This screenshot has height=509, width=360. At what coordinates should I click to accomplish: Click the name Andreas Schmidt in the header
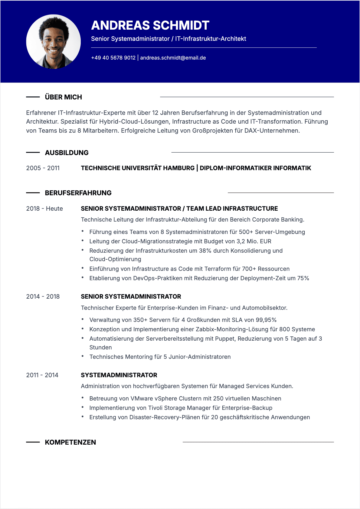150,25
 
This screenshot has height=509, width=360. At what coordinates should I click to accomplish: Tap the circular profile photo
54,42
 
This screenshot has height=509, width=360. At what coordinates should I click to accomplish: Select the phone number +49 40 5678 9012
113,58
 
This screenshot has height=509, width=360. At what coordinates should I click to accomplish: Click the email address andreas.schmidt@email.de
173,58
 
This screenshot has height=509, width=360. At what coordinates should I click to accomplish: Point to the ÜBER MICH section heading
63,97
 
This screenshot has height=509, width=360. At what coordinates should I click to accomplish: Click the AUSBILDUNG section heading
67,153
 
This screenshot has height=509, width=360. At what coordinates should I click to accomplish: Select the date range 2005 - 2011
43,168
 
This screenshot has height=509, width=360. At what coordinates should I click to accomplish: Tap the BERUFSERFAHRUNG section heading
78,193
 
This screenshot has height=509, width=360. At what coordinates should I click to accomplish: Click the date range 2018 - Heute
44,209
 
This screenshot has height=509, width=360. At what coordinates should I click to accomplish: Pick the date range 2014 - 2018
43,297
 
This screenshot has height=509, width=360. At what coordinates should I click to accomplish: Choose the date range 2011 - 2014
42,375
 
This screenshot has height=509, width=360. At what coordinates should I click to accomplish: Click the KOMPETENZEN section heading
70,442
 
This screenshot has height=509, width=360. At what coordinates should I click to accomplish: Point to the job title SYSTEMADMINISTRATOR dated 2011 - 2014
119,375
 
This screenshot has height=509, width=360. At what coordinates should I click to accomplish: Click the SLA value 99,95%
266,320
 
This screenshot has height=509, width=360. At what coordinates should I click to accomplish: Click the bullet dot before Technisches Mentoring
83,356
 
